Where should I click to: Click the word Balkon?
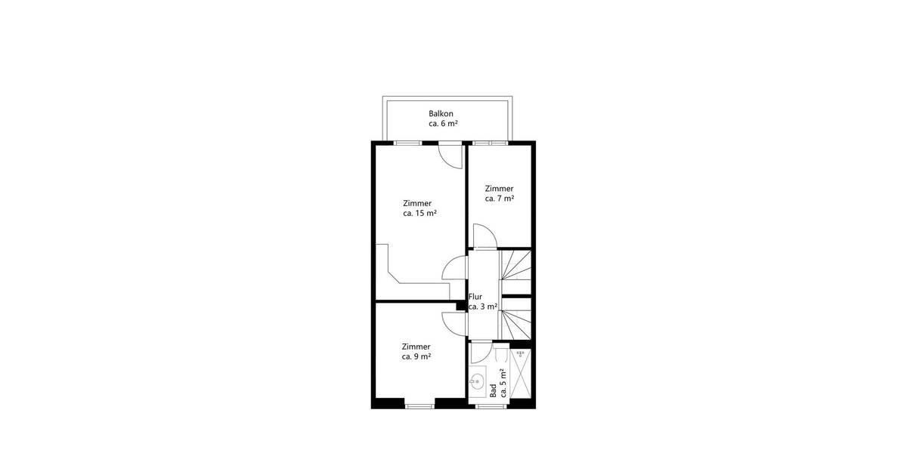[x=441, y=114]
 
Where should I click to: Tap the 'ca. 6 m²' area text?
[x=443, y=124]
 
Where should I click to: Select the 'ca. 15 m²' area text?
[x=420, y=214]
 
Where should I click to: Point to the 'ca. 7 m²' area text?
[x=500, y=199]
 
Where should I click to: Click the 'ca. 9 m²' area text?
[x=416, y=357]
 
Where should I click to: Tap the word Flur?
[x=475, y=297]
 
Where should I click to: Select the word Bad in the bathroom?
[x=493, y=390]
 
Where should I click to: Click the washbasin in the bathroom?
[x=478, y=381]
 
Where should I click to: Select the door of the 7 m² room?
[x=484, y=238]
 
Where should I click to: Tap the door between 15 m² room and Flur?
[x=455, y=269]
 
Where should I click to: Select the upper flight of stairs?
[x=515, y=272]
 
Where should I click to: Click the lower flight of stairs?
[x=515, y=321]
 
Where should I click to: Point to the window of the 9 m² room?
[x=418, y=406]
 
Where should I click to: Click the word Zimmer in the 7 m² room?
[x=500, y=189]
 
